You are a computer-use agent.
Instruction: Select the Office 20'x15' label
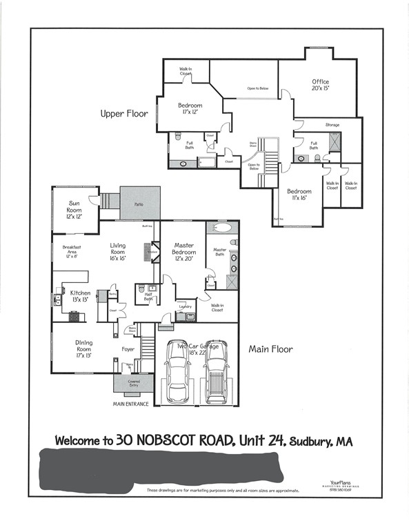pyautogui.click(x=320, y=85)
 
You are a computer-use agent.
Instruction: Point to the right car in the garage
pyautogui.click(x=215, y=375)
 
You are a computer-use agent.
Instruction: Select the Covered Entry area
pyautogui.click(x=134, y=383)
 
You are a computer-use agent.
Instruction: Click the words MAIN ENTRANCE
pyautogui.click(x=131, y=404)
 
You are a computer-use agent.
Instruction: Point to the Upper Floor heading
pyautogui.click(x=124, y=114)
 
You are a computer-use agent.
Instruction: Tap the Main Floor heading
pyautogui.click(x=270, y=349)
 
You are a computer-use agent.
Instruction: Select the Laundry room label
pyautogui.click(x=184, y=306)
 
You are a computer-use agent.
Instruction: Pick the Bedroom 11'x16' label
pyautogui.click(x=299, y=194)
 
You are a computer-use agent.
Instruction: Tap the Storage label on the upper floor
pyautogui.click(x=332, y=125)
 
